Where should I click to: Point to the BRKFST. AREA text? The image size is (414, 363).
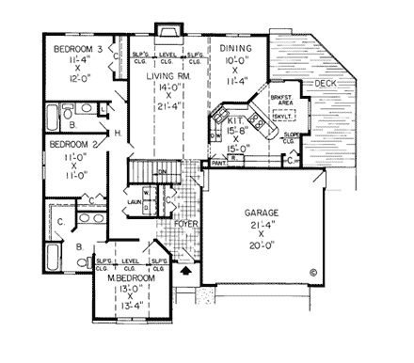click(279, 101)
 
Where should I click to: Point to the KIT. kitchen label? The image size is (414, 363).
click(232, 121)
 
